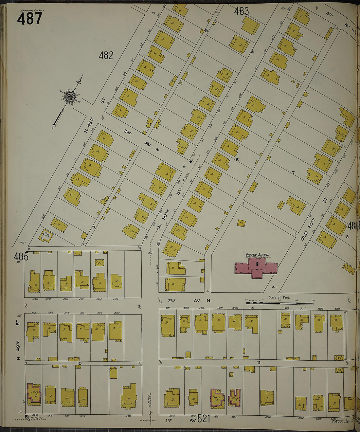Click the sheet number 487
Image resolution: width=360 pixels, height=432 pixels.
pos(29,18)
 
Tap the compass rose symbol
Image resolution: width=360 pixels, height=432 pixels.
pos(70,97)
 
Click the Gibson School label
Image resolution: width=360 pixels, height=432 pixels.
pos(257,255)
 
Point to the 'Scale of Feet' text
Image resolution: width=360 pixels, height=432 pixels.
pos(279,297)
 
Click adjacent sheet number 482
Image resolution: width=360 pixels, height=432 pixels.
pos(106,56)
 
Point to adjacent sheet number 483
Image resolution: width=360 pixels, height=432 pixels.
pos(241,11)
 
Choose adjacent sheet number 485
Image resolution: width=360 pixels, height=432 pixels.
pos(21,257)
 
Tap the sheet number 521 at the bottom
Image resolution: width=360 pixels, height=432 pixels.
pos(204,419)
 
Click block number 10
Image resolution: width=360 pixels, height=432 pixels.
pos(79,363)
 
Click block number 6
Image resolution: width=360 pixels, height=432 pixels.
pos(237,160)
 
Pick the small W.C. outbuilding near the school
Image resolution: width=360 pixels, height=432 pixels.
pos(241,223)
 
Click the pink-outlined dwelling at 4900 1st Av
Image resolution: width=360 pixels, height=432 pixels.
pos(34,394)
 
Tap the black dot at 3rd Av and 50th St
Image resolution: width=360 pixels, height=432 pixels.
pos(190,161)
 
